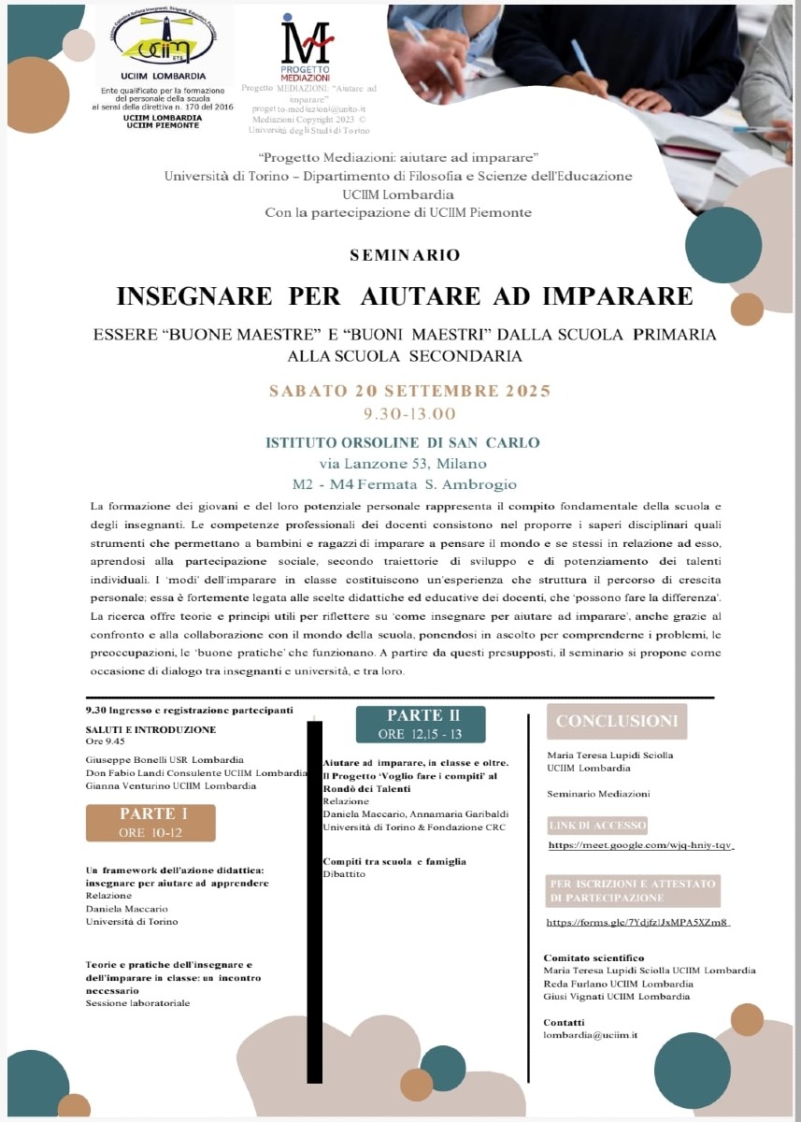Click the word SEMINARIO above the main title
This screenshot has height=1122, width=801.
404,254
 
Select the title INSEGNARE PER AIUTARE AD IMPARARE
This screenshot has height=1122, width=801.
405,296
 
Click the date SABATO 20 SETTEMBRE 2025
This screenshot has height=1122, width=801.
409,391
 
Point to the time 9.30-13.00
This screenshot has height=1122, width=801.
409,413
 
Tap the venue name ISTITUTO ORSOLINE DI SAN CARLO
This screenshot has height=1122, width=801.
403,442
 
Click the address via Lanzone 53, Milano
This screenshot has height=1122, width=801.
403,463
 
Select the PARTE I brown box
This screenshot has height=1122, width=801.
150,823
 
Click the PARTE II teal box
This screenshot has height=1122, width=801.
421,725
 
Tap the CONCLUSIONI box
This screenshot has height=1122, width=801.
617,721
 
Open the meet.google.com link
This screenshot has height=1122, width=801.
640,844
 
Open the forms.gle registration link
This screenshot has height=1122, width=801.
637,922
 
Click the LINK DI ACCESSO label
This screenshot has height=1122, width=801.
597,825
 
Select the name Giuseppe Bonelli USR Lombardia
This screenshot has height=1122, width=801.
164,759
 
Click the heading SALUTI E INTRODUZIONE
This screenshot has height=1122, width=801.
150,729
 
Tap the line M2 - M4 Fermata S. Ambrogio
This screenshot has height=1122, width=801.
404,484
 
